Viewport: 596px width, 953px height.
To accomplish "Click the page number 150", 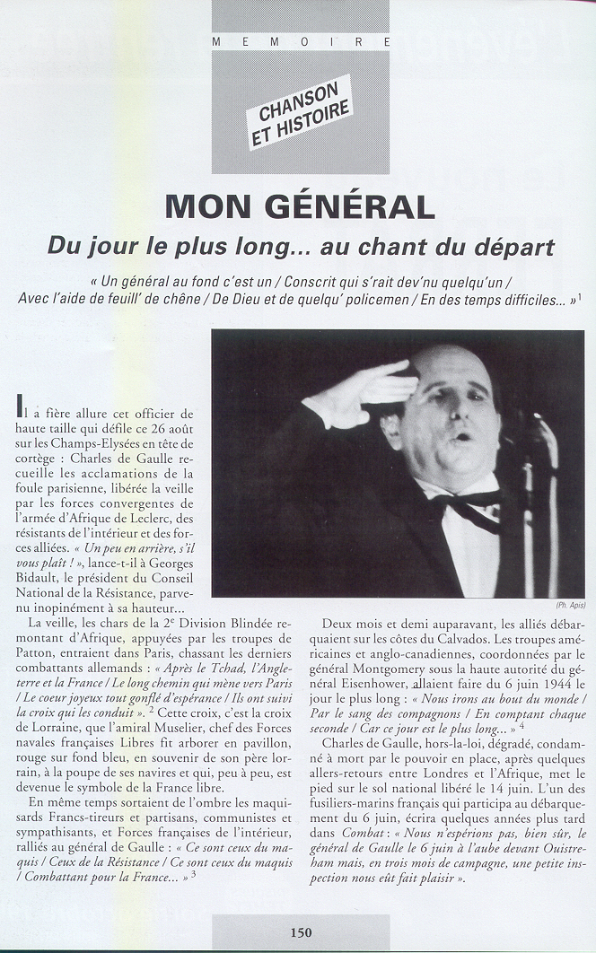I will (x=301, y=932).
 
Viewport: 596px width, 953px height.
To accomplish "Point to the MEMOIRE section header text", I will (x=300, y=41).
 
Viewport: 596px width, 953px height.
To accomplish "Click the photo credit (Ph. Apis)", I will (x=571, y=605).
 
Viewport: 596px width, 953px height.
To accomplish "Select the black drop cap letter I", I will (x=22, y=410).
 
